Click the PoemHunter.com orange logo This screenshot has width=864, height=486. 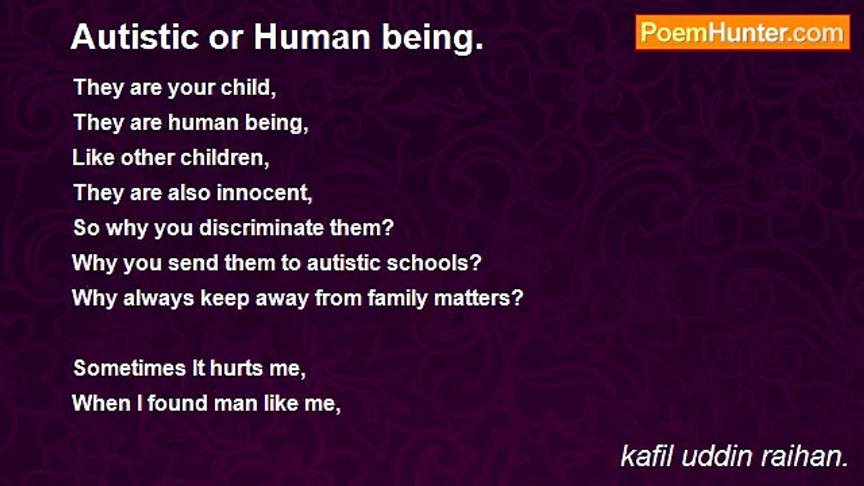point(742,33)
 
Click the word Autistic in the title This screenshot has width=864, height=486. point(135,37)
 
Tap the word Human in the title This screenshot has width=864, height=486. point(312,37)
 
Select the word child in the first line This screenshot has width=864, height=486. point(248,88)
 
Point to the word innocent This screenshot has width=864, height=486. point(264,192)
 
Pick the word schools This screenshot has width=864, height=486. point(434,263)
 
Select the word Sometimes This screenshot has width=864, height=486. point(130,368)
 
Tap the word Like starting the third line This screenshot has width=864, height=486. point(93,157)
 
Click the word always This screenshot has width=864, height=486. point(159,299)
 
